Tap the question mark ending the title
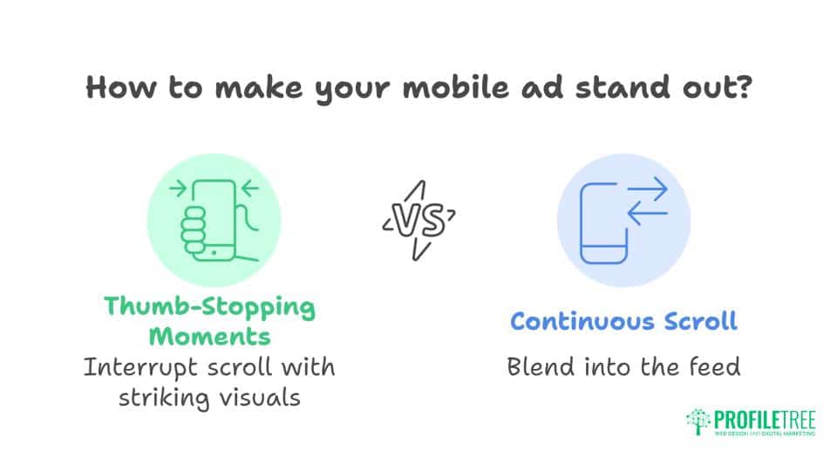742,90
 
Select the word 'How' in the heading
117,90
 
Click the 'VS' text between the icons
418,220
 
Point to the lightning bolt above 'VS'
417,193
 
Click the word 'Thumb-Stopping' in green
209,306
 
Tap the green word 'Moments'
209,335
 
